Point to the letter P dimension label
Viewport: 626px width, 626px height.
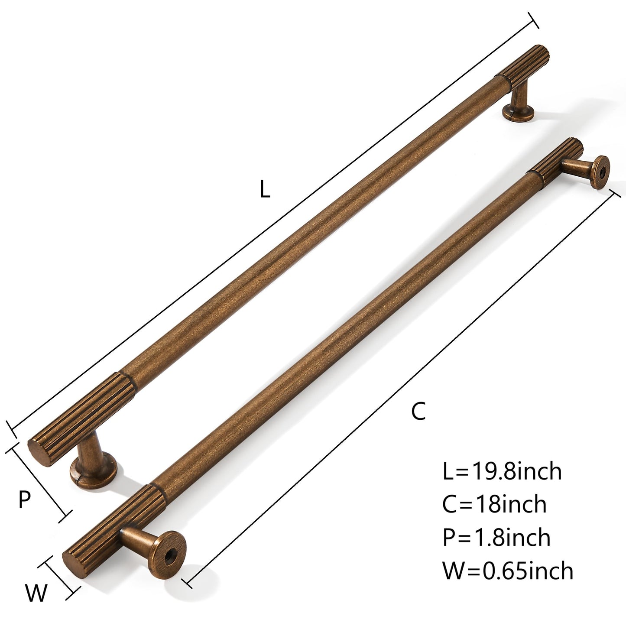click(x=25, y=500)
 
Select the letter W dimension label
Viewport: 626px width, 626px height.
click(x=36, y=593)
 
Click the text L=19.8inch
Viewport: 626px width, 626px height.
click(x=502, y=471)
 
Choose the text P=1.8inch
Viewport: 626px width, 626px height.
click(x=496, y=538)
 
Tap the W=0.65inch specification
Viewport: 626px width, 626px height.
click(x=507, y=571)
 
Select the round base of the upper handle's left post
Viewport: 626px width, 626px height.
click(x=94, y=474)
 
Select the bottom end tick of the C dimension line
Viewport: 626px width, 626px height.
click(x=186, y=581)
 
